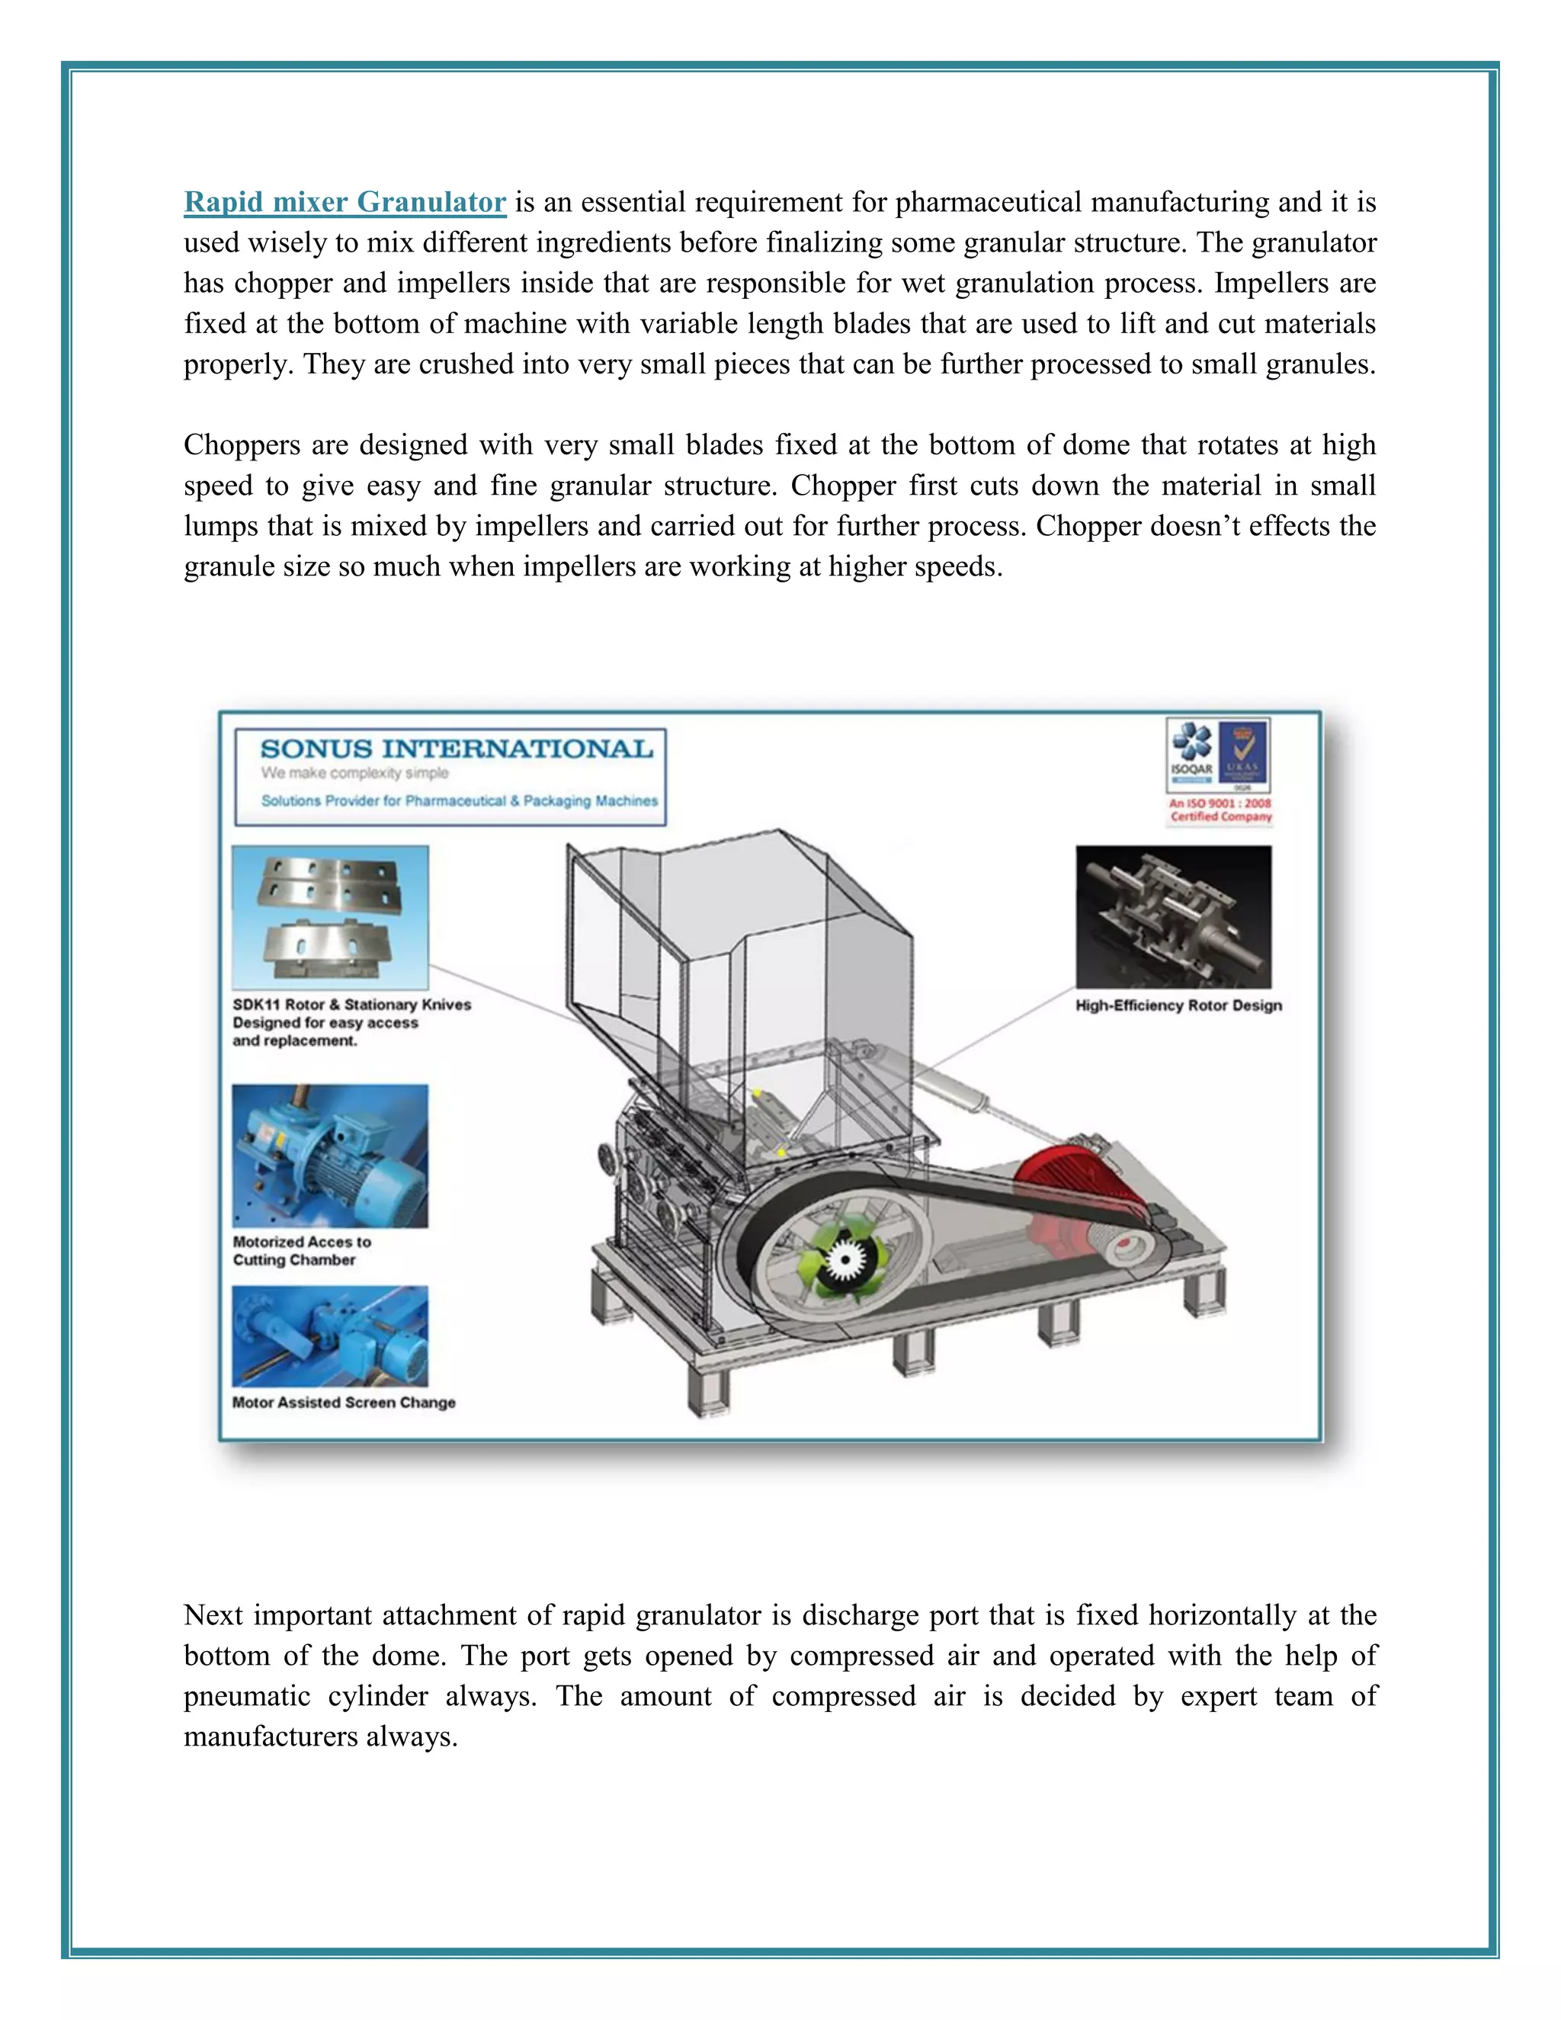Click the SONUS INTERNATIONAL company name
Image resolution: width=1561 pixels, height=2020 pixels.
pyautogui.click(x=456, y=749)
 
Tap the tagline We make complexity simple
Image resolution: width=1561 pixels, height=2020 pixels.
pyautogui.click(x=354, y=773)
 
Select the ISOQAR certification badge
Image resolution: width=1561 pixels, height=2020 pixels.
pyautogui.click(x=1191, y=753)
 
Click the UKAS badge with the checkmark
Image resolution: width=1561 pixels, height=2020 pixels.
pyautogui.click(x=1244, y=753)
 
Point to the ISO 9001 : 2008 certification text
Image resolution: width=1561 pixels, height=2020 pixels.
pyautogui.click(x=1221, y=810)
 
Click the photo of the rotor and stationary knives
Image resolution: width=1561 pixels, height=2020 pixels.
pyautogui.click(x=330, y=916)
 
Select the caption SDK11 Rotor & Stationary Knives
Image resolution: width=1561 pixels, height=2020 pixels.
pyautogui.click(x=351, y=1005)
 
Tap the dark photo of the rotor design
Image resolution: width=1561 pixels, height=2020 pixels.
pyautogui.click(x=1172, y=916)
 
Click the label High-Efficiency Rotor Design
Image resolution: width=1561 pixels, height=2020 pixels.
pyautogui.click(x=1178, y=1005)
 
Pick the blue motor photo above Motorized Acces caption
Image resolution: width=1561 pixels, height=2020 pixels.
pyautogui.click(x=330, y=1156)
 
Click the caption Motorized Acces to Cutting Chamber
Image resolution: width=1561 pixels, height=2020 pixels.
pyautogui.click(x=302, y=1250)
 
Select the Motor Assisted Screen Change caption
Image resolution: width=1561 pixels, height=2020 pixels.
pyautogui.click(x=343, y=1402)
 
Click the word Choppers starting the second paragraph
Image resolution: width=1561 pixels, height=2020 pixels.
pyautogui.click(x=239, y=445)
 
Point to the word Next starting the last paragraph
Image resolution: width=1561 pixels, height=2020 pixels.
pyautogui.click(x=213, y=1615)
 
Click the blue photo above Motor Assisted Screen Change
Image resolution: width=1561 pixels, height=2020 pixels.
pyautogui.click(x=330, y=1336)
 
